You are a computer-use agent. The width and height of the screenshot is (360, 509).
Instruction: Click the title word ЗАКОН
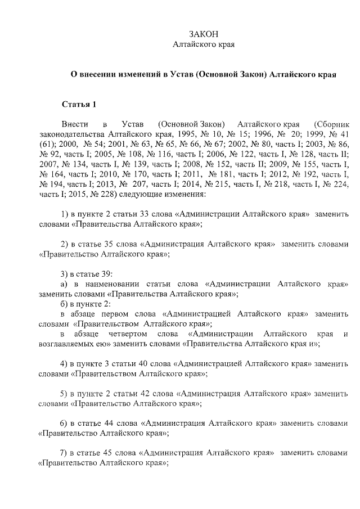pos(203,34)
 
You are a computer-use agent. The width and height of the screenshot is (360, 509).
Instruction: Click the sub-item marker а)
pos(65,284)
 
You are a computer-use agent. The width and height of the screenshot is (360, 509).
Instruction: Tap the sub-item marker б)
pos(65,304)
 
